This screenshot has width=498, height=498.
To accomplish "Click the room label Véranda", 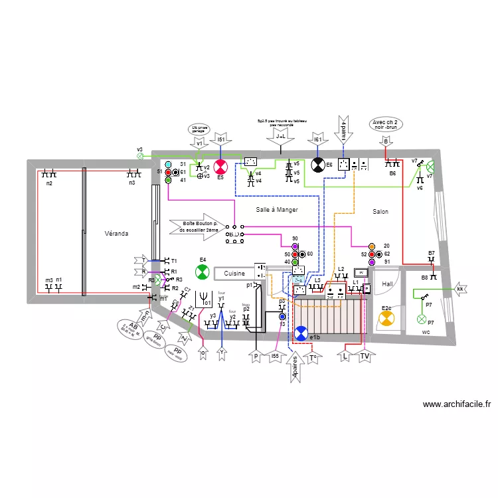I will (116, 234).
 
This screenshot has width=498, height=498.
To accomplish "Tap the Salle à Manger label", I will (277, 210).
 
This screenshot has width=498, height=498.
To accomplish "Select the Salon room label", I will (380, 212).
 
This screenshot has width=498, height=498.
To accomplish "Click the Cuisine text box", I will (234, 273).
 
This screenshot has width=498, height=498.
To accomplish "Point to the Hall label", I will (387, 284).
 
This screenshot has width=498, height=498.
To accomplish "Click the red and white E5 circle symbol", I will (220, 166).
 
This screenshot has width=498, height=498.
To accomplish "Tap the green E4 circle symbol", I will (202, 272).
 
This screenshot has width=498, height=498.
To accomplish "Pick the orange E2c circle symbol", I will (386, 319).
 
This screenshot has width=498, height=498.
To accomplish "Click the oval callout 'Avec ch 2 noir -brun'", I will (386, 125).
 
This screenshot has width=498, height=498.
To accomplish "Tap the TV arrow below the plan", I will (365, 357).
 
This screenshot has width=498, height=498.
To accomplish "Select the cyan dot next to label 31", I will (168, 163).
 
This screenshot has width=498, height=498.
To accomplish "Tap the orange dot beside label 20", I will (372, 246).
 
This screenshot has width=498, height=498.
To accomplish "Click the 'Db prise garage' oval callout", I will (199, 130).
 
